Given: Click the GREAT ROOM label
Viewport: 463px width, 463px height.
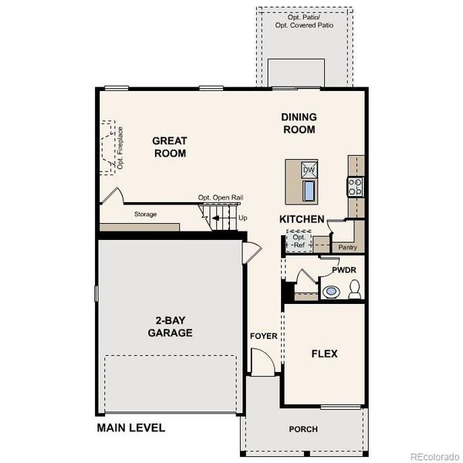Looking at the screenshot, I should (170, 147).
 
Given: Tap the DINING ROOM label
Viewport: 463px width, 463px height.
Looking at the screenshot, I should (299, 123).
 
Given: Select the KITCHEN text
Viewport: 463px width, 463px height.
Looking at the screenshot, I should (302, 220).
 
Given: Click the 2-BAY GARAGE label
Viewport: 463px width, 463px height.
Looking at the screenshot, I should (171, 327).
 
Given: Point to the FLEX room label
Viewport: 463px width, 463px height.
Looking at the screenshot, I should (324, 354).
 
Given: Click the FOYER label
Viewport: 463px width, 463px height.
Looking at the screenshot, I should (263, 336).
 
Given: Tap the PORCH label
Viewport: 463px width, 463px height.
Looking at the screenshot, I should (303, 429).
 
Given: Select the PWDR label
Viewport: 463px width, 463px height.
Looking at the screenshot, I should (343, 271).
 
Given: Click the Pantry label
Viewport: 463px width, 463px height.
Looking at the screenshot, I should (348, 247).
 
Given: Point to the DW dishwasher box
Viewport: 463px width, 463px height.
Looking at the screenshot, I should (309, 170).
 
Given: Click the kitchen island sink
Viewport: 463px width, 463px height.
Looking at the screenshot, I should (309, 189).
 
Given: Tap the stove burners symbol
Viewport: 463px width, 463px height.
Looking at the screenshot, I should (357, 186).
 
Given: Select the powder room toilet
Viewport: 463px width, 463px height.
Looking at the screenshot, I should (355, 290).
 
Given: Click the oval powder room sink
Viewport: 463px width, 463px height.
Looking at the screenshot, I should (331, 292).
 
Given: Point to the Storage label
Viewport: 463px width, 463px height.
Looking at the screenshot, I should (145, 214).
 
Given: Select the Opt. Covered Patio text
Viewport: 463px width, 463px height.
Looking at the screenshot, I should (306, 24).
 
